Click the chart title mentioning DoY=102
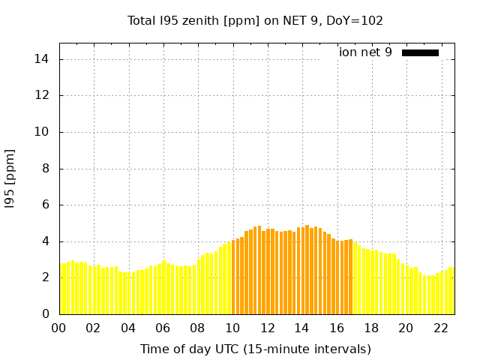(255, 20)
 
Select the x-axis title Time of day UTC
(255, 349)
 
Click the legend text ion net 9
(365, 52)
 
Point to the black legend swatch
(420, 52)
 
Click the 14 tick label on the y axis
(44, 59)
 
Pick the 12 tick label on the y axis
(44, 95)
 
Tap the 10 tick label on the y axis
(44, 132)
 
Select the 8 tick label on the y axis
(46, 169)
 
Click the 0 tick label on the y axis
(46, 314)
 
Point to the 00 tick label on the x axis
(58, 328)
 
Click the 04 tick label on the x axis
(128, 328)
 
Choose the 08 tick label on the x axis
(197, 328)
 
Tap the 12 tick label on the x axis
(267, 328)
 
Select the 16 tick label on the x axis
(337, 328)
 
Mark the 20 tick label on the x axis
(406, 328)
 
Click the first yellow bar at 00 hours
(61, 289)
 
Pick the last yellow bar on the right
(451, 291)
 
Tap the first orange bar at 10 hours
(234, 277)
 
